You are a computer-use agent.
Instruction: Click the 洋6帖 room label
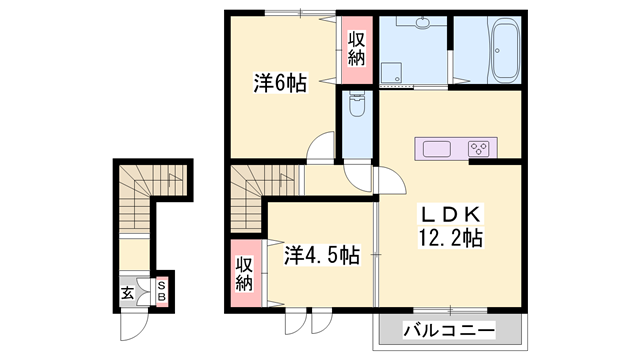pyautogui.click(x=279, y=85)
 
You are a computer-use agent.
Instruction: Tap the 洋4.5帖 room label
pyautogui.click(x=321, y=255)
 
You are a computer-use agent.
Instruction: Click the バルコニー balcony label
pyautogui.click(x=449, y=328)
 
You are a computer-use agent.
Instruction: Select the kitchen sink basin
pyautogui.click(x=438, y=149)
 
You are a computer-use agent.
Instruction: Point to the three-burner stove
pyautogui.click(x=480, y=149)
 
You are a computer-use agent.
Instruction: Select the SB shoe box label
pyautogui.click(x=162, y=291)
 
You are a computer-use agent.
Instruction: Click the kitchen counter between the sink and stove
pyautogui.click(x=459, y=149)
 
